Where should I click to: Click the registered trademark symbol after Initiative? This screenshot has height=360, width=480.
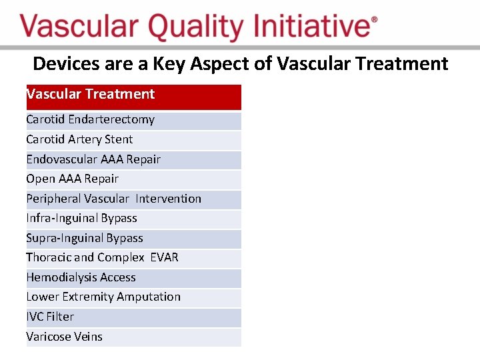tap(374, 19)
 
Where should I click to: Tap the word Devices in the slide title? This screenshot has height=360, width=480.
tap(67, 64)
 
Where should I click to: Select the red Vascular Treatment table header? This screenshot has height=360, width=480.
tap(134, 97)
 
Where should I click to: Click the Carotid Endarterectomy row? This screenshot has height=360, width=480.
tap(134, 121)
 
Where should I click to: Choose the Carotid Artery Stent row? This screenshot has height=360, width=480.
tap(134, 141)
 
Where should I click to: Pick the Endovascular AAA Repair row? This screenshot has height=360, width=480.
tap(134, 160)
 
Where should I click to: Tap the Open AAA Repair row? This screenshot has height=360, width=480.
tap(134, 180)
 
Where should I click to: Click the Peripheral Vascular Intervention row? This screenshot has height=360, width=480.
tap(134, 199)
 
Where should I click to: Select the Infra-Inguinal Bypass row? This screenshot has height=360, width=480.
tap(134, 219)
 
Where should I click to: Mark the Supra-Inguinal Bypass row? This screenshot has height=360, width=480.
tap(134, 239)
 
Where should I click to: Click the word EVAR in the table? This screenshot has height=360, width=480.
tap(165, 257)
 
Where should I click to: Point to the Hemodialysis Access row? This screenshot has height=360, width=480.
tap(134, 279)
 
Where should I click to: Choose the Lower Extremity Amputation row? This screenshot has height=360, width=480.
tap(134, 298)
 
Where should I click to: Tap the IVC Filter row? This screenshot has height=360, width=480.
tap(134, 318)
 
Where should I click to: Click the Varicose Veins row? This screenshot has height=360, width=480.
tap(134, 337)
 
